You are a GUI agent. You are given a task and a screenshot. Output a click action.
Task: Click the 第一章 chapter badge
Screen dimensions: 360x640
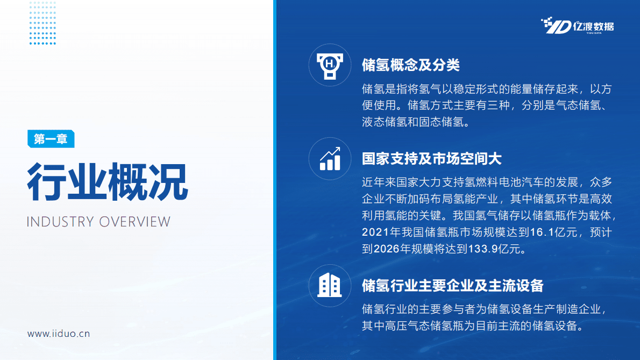click(x=51, y=139)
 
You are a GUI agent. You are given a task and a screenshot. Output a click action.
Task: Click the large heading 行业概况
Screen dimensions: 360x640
click(x=108, y=181)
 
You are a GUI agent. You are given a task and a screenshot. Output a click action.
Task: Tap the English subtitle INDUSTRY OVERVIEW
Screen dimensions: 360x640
click(x=98, y=222)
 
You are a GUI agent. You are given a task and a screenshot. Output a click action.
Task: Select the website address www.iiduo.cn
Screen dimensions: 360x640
click(x=59, y=334)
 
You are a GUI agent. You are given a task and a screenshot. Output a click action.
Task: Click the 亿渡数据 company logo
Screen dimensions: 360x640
click(x=577, y=26)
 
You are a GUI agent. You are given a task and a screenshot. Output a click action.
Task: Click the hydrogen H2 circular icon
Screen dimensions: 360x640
click(x=329, y=65)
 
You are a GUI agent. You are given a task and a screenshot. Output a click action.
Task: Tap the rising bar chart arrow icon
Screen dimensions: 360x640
click(x=329, y=158)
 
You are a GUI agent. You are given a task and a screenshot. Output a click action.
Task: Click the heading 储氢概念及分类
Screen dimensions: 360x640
click(x=411, y=65)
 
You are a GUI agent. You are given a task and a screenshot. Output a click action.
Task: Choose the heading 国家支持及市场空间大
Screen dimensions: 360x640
click(x=432, y=159)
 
